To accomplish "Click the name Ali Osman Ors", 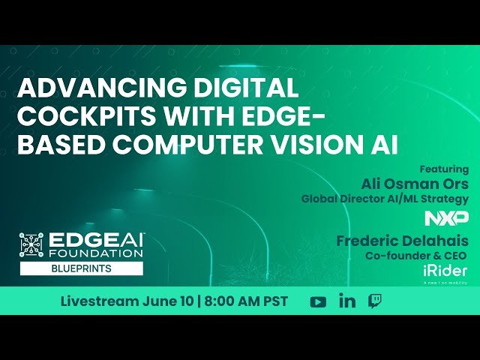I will click(x=415, y=184).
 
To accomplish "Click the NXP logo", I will click(x=446, y=218).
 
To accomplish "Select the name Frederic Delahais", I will click(x=402, y=241).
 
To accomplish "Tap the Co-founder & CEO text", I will click(x=417, y=256).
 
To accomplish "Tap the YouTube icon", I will click(x=318, y=301).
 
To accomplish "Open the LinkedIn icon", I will click(x=347, y=301).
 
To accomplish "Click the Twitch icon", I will click(x=375, y=301).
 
